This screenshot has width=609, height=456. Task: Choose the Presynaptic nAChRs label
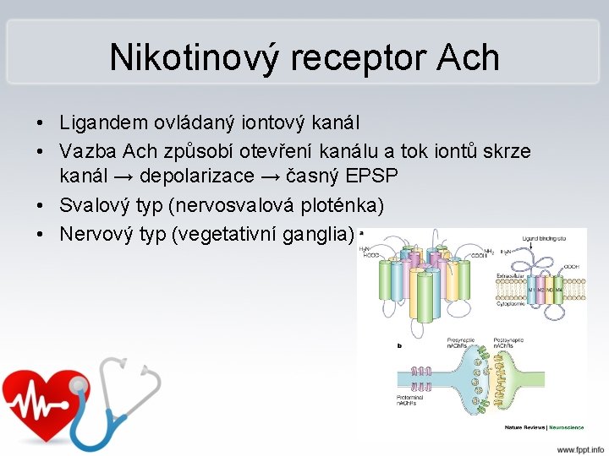tap(460, 345)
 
